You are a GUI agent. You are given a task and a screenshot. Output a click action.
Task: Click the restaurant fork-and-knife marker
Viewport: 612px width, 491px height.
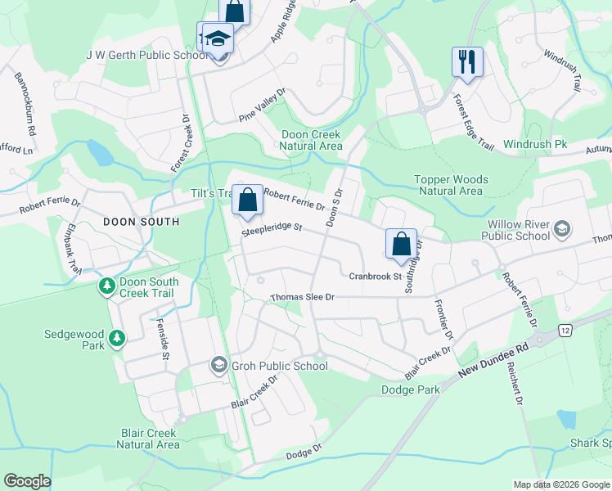click(467, 61)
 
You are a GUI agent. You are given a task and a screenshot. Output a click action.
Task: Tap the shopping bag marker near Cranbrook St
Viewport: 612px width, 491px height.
click(401, 245)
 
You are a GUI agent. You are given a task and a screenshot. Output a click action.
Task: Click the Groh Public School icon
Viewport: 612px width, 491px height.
click(218, 365)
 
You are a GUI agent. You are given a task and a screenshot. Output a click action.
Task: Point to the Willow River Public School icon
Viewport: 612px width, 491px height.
click(561, 228)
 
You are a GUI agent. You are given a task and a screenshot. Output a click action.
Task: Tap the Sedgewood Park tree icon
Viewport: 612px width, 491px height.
click(117, 337)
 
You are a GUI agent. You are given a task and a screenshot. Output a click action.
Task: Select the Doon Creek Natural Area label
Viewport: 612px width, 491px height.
click(310, 140)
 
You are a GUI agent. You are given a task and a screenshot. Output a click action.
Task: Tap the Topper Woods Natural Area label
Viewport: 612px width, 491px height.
click(452, 185)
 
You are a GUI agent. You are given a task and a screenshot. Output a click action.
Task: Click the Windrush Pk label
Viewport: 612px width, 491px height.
click(535, 144)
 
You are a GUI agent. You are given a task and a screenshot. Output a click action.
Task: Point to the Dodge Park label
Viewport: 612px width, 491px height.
click(411, 390)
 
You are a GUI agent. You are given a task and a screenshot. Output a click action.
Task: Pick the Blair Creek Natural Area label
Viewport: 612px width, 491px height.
click(148, 438)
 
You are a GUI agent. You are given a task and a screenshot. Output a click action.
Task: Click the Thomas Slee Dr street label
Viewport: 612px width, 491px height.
click(303, 297)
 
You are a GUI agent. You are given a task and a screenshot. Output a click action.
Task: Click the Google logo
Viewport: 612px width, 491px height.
click(27, 481)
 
